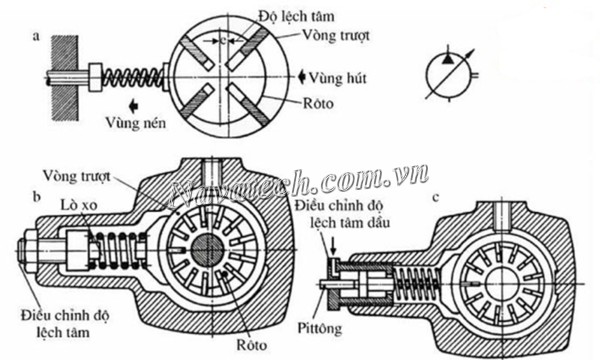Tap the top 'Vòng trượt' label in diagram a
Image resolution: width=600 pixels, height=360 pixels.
(x=338, y=34)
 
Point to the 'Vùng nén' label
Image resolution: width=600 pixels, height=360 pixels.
(x=138, y=123)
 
